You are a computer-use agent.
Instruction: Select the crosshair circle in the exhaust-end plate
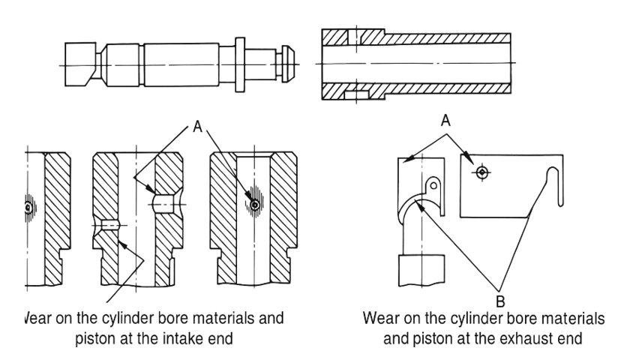coord(481,173)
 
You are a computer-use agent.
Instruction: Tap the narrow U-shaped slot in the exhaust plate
coord(556,184)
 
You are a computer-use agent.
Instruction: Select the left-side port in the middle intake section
coord(109,225)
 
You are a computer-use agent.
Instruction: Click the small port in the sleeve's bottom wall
coord(356,94)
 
